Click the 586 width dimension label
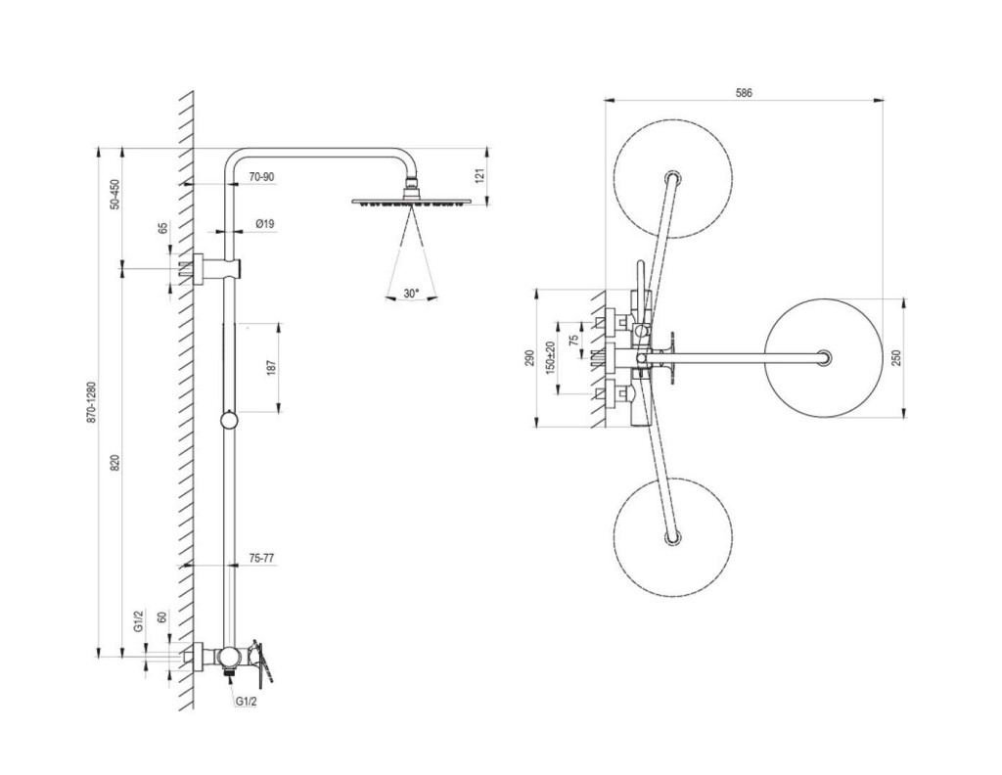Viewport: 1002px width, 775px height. [x=744, y=92]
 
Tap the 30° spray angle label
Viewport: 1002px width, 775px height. [x=410, y=293]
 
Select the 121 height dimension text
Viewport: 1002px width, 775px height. [x=479, y=176]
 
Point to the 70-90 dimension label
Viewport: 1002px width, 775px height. [x=261, y=177]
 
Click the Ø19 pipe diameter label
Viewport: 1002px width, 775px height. [x=263, y=224]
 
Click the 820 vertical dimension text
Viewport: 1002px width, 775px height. [x=114, y=463]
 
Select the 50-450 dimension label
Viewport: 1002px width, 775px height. [x=114, y=195]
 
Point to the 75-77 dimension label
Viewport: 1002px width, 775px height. [x=260, y=557]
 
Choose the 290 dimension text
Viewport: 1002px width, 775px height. [x=529, y=357]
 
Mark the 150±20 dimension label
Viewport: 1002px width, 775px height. [x=551, y=357]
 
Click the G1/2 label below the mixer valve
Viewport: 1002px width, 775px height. [x=245, y=701]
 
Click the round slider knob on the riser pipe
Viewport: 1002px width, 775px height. [x=228, y=421]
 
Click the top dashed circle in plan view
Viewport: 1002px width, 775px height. [x=672, y=179]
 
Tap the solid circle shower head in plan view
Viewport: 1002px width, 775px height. [x=824, y=358]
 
